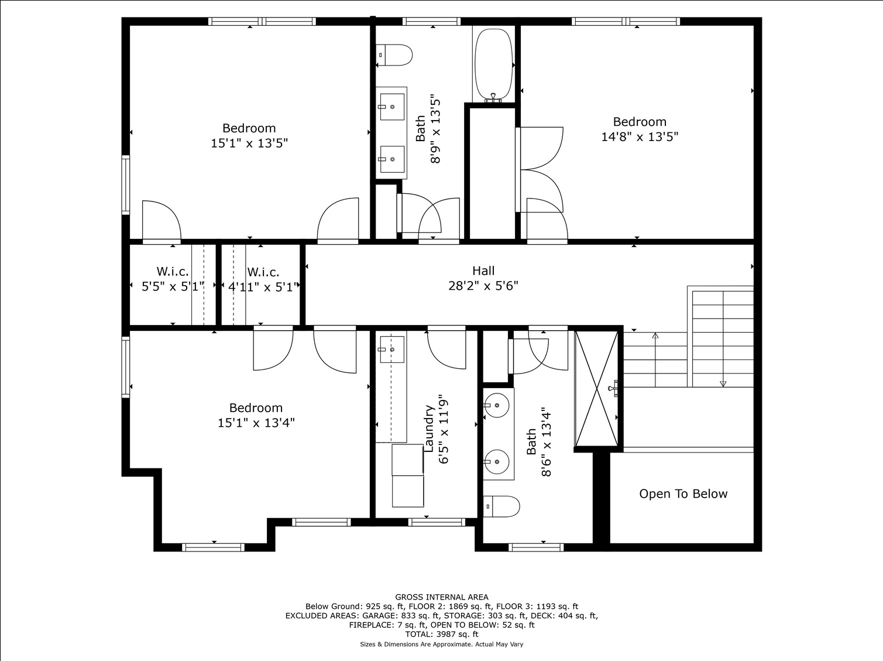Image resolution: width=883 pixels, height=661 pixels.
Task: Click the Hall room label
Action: point(483,270)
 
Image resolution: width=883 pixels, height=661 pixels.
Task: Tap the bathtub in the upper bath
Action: point(494,64)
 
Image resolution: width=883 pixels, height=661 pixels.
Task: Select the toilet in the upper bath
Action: point(394,55)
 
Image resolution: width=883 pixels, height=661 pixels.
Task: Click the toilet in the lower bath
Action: point(501,506)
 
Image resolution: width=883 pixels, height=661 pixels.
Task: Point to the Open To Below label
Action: point(683,494)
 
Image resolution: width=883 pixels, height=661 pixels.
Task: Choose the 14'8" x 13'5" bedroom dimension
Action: point(640,137)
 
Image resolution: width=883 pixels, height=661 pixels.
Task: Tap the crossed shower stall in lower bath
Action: point(597,389)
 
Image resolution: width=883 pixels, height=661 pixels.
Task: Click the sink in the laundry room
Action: point(392,349)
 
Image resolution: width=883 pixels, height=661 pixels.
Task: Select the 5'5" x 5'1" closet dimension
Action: point(173,287)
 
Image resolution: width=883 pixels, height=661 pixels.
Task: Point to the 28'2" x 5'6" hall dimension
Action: point(483,286)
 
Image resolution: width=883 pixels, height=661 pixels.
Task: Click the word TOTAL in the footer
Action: point(420,635)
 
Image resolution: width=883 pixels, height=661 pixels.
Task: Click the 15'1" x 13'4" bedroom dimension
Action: point(256,423)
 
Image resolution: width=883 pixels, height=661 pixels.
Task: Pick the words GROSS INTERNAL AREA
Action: point(442,597)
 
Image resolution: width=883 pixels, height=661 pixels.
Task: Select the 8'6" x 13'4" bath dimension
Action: point(546,444)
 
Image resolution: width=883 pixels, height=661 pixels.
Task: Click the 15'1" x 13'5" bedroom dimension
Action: point(249,143)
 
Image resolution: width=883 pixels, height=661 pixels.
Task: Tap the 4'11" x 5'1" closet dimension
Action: point(263,287)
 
